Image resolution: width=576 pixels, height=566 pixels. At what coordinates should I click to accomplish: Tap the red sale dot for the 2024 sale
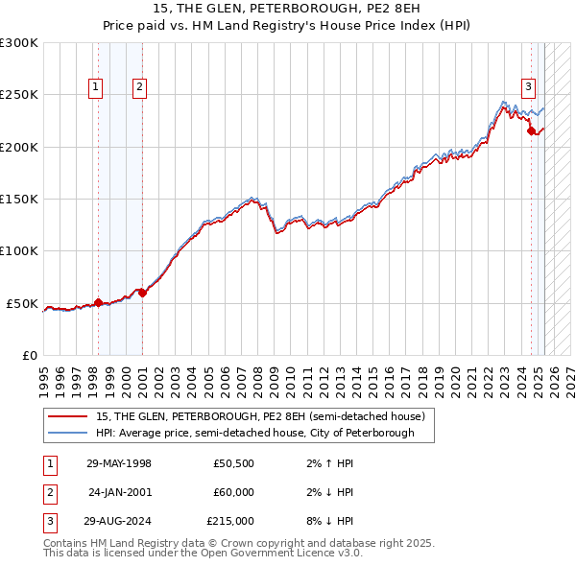click(x=531, y=131)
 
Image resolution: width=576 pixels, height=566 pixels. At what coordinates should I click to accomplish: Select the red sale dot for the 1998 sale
click(x=98, y=302)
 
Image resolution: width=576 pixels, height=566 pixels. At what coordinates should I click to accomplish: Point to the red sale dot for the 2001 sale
click(x=142, y=293)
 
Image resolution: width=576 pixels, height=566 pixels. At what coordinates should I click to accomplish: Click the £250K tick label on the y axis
click(x=19, y=95)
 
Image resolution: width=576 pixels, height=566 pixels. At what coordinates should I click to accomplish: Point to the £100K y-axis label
click(x=19, y=251)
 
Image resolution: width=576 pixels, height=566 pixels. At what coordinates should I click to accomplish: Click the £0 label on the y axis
click(x=29, y=355)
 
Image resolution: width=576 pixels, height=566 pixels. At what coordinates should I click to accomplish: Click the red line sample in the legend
click(x=67, y=416)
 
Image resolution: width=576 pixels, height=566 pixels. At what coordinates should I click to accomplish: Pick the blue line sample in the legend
click(x=67, y=433)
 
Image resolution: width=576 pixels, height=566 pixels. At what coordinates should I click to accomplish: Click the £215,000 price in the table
click(x=230, y=521)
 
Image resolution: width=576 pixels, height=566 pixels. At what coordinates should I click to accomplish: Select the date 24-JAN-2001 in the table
click(x=119, y=492)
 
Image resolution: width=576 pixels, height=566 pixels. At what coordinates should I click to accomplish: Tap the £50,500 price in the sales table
click(x=233, y=463)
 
